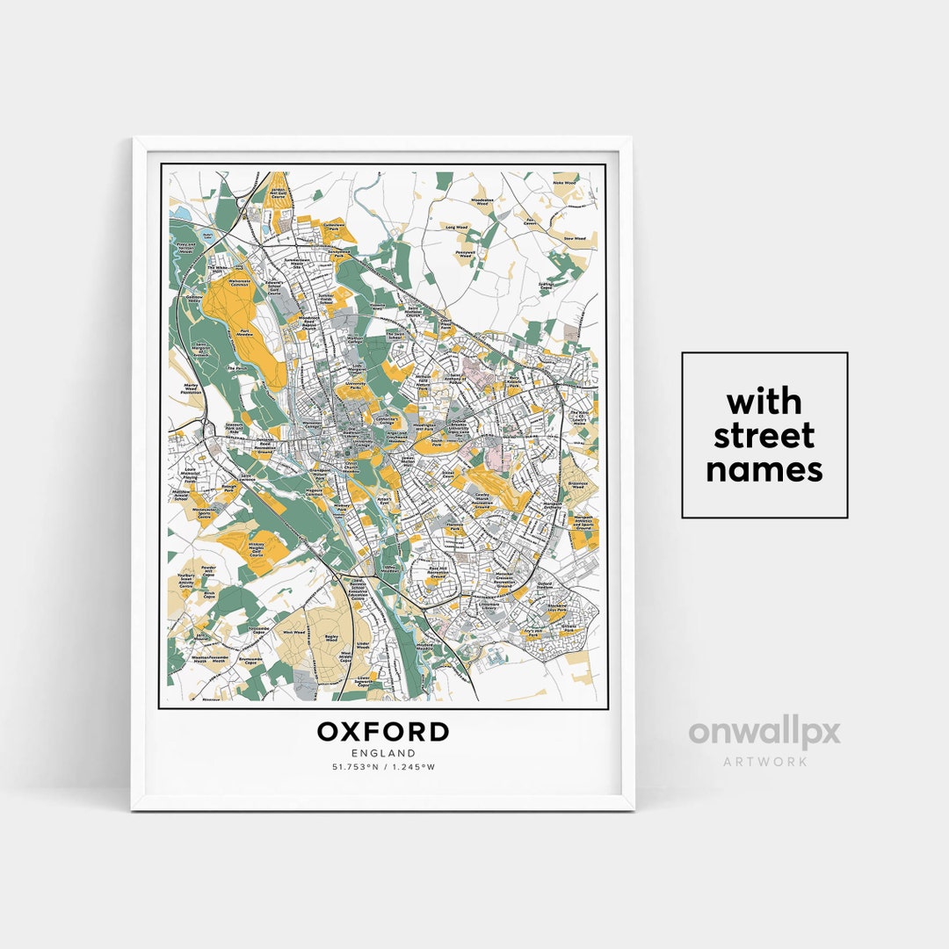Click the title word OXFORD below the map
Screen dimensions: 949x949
point(383,732)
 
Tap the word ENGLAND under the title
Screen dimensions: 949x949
point(383,753)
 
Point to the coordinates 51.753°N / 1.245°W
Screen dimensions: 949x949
point(383,767)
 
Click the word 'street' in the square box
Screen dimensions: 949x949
point(764,436)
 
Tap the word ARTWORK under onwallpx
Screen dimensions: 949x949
point(764,761)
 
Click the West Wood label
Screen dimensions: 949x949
point(293,632)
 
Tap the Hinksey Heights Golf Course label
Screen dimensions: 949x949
point(257,547)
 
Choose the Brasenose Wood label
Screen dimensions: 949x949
point(577,484)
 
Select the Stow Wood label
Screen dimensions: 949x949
point(574,238)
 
